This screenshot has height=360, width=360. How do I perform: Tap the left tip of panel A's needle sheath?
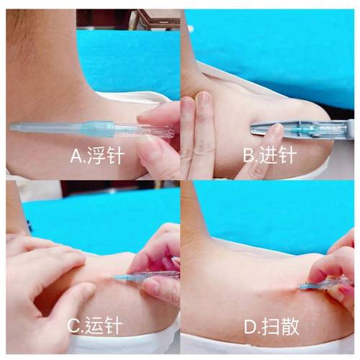tap(13, 127)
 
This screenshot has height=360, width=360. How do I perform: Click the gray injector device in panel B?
tap(288, 128)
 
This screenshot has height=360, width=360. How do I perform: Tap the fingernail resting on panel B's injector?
tap(271, 132)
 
